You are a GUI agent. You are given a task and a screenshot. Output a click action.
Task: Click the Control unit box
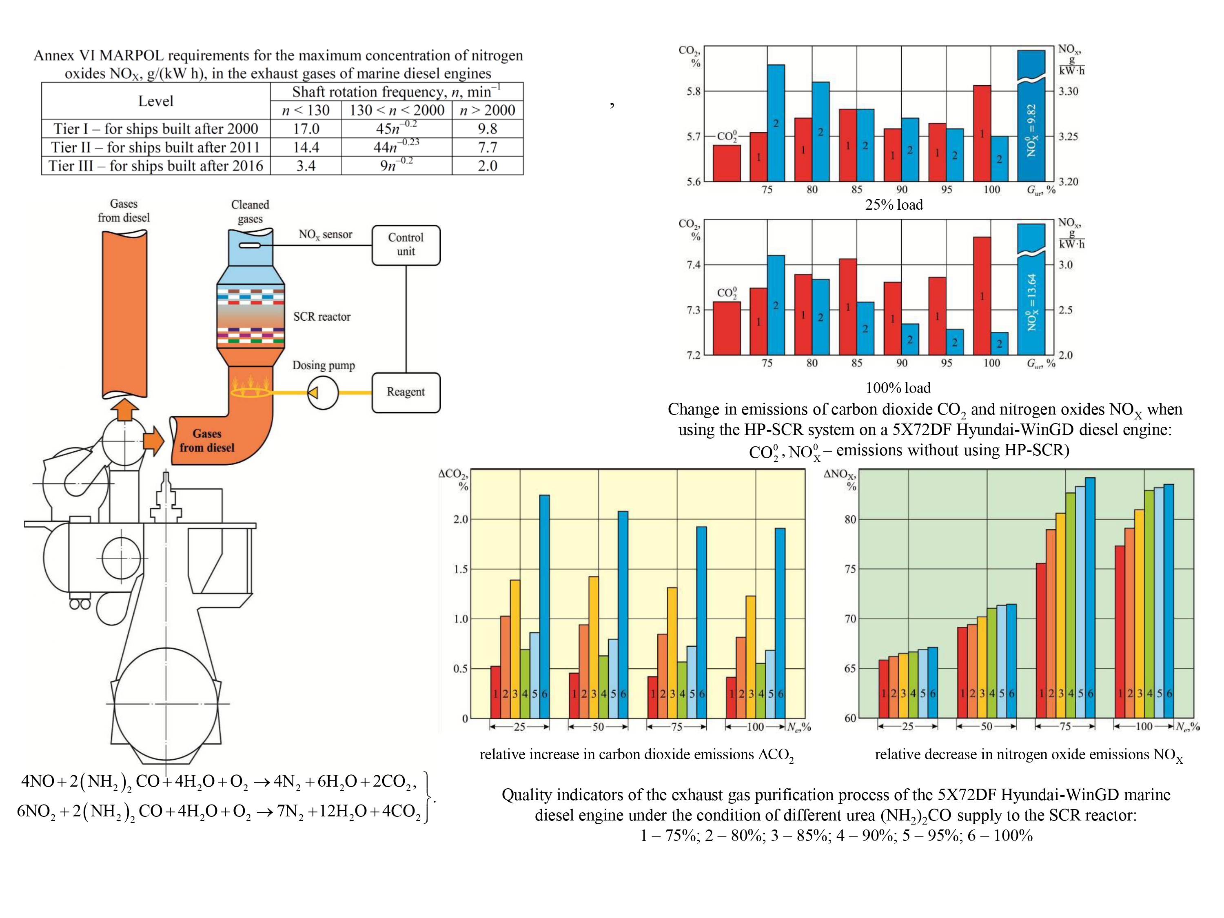(406, 244)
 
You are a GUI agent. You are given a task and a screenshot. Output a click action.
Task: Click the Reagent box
(406, 392)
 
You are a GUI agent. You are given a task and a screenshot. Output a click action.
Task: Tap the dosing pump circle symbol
(323, 392)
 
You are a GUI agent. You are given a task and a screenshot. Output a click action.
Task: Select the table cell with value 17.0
(306, 129)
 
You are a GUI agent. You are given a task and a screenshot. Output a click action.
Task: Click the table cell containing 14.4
(306, 148)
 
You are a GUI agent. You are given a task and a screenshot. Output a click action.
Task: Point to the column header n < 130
(306, 110)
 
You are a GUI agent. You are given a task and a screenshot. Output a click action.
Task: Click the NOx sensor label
(325, 235)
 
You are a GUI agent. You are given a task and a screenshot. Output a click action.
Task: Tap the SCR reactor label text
(322, 317)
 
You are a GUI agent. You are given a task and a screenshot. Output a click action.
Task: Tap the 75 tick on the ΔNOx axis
(850, 569)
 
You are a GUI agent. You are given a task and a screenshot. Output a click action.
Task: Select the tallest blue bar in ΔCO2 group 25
(545, 598)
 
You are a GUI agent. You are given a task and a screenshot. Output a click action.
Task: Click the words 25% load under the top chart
(894, 205)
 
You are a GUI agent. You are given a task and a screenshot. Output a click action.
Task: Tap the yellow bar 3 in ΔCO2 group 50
(594, 642)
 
